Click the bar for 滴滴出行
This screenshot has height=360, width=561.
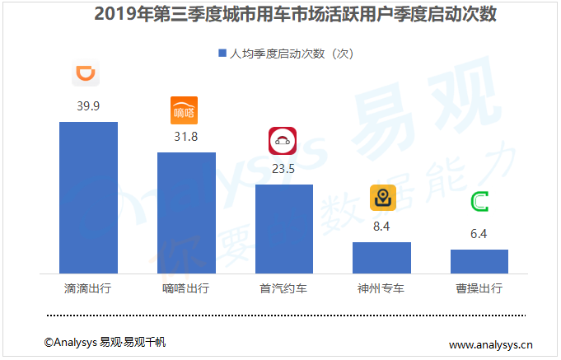pyautogui.click(x=88, y=198)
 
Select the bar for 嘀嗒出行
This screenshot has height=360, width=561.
pyautogui.click(x=186, y=213)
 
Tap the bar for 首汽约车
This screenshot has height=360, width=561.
pyautogui.click(x=284, y=229)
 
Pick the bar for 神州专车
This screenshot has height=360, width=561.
pyautogui.click(x=381, y=257)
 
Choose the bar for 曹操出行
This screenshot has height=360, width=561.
pyautogui.click(x=479, y=261)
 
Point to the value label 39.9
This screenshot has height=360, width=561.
pyautogui.click(x=88, y=106)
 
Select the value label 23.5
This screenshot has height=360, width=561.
pyautogui.click(x=283, y=169)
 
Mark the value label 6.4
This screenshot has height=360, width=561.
pyautogui.click(x=479, y=234)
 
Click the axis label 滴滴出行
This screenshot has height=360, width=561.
pyautogui.click(x=88, y=289)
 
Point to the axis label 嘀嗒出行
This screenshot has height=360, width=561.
pyautogui.click(x=186, y=289)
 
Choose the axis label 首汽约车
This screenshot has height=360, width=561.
pyautogui.click(x=284, y=289)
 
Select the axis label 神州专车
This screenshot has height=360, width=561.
pyautogui.click(x=381, y=289)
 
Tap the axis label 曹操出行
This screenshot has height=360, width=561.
pyautogui.click(x=479, y=289)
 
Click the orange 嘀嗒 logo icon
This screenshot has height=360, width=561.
pyautogui.click(x=185, y=110)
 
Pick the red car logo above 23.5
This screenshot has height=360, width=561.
pyautogui.click(x=283, y=142)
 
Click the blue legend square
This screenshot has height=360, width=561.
pyautogui.click(x=222, y=53)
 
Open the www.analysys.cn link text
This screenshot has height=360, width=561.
pyautogui.click(x=491, y=344)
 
